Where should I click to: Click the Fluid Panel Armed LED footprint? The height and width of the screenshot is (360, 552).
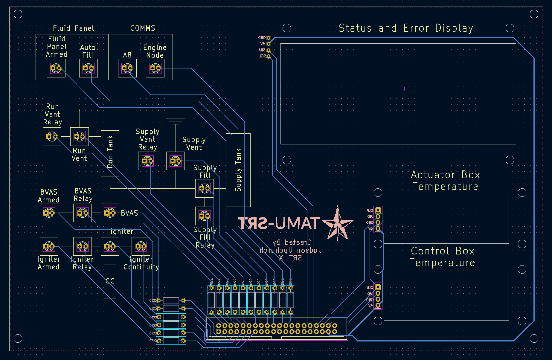point(56,68)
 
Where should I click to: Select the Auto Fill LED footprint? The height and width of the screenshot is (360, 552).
point(88,68)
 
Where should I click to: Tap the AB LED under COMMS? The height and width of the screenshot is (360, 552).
point(127,68)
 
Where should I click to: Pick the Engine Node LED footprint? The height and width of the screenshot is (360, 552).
point(155,68)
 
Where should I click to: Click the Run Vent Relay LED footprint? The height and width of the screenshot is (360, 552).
point(52,137)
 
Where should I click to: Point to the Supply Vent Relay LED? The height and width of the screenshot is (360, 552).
point(147,161)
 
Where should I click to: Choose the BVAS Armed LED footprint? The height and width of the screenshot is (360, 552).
point(49,213)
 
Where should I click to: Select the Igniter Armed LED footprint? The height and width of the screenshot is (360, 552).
point(49,246)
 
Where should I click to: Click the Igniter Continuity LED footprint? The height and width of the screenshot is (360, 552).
point(141,246)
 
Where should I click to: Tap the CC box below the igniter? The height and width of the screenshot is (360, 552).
point(110,281)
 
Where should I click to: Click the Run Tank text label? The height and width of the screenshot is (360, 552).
point(110,152)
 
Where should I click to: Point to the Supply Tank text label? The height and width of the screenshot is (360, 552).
point(238,170)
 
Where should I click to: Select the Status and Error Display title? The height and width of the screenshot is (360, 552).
point(406,28)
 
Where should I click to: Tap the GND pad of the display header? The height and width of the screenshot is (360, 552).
point(269,38)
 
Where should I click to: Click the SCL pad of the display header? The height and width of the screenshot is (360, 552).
point(269,56)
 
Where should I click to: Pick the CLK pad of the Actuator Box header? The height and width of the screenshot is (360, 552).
point(378,210)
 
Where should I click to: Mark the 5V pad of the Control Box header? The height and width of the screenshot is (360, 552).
point(378,306)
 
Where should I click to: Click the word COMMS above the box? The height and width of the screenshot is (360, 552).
point(143,28)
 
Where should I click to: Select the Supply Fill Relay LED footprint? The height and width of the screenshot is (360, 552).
point(204,215)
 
